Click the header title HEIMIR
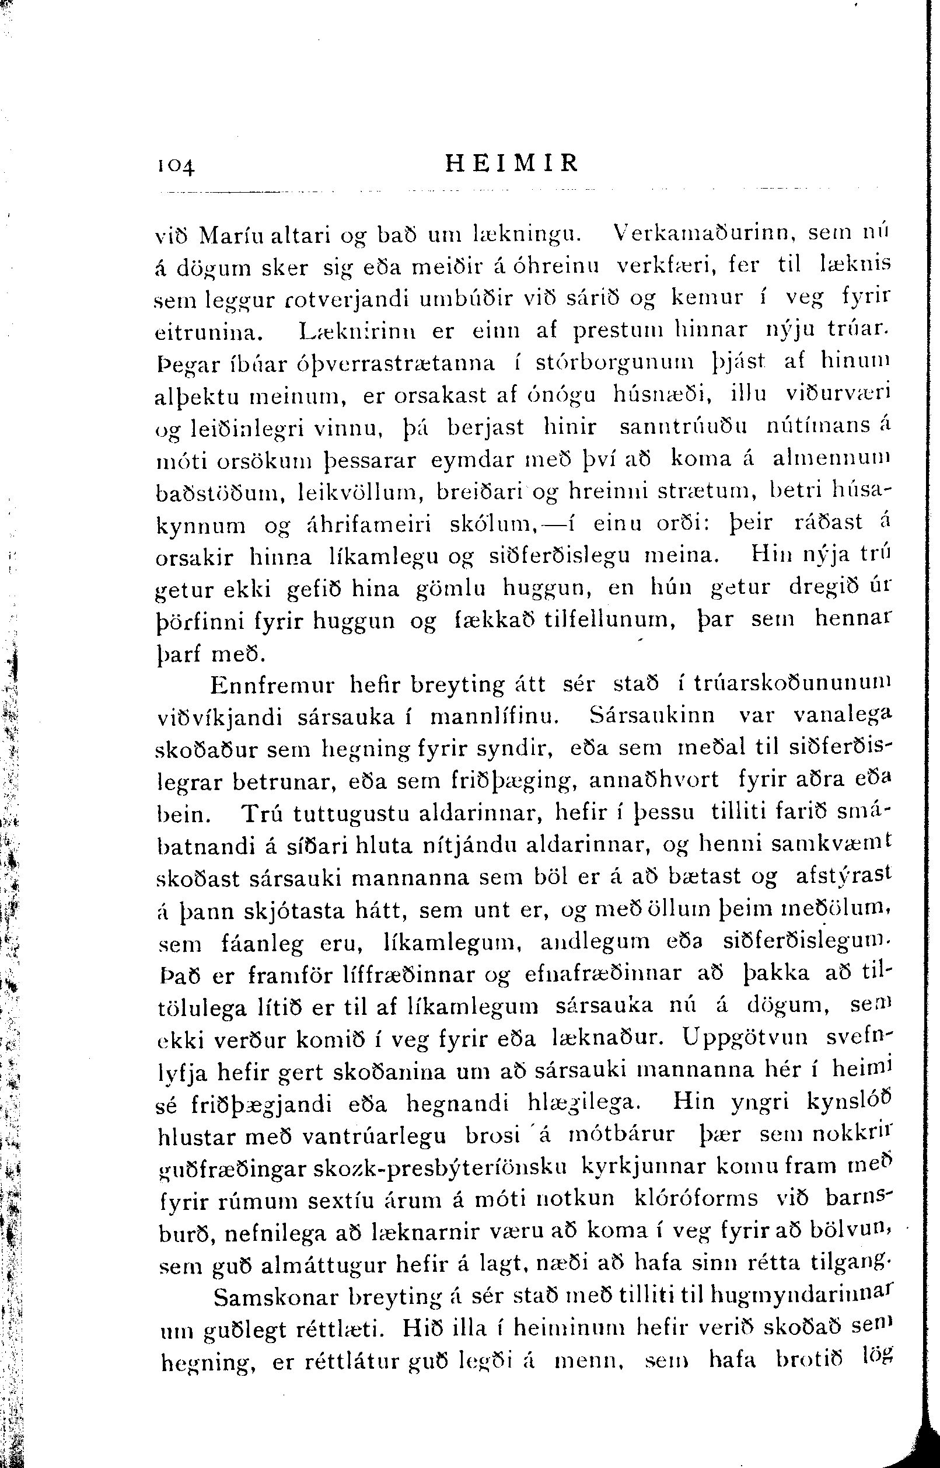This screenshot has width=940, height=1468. pos(512,163)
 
